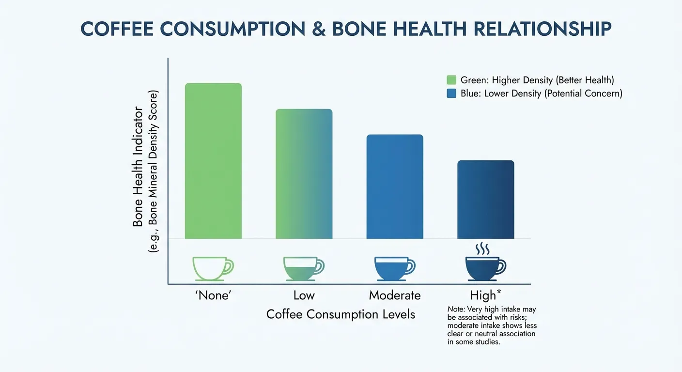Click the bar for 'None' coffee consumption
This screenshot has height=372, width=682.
click(x=213, y=161)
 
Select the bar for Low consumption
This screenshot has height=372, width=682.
click(x=304, y=174)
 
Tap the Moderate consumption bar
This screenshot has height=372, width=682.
click(x=395, y=186)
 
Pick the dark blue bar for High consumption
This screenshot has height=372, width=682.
click(x=485, y=200)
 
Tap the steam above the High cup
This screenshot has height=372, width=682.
click(x=482, y=249)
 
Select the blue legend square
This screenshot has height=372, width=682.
click(x=451, y=93)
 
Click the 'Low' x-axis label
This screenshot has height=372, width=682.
click(x=304, y=295)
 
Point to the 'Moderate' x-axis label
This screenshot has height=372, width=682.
click(x=395, y=295)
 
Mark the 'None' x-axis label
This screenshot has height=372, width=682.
click(x=213, y=295)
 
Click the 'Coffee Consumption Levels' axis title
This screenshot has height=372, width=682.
click(x=341, y=314)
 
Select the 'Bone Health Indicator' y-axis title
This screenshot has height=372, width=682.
click(x=138, y=166)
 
